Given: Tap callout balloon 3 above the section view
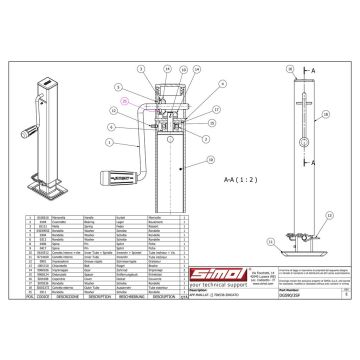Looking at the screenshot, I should (140, 95).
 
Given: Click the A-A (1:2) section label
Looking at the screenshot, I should (222, 178).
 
